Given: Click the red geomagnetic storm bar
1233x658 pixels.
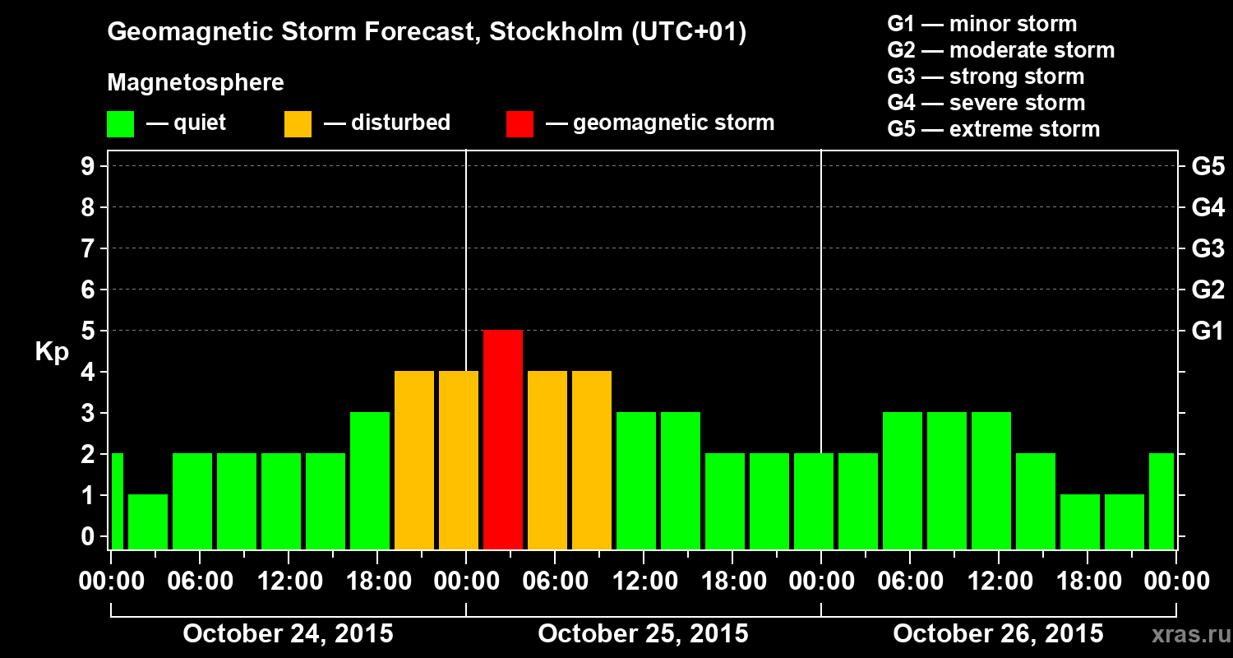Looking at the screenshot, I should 503,439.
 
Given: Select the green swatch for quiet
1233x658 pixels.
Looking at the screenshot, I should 120,124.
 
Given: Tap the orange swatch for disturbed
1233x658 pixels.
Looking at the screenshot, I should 298,124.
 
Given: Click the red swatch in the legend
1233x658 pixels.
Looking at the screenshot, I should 520,124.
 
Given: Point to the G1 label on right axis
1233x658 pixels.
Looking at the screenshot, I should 1208,331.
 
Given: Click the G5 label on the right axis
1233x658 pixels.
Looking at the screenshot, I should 1208,167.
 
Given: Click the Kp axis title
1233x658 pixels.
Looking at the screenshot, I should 52,353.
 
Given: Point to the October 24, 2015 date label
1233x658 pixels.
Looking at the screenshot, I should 288,634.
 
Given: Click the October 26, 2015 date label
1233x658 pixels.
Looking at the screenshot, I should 998,634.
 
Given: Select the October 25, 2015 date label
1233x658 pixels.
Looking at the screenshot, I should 643,634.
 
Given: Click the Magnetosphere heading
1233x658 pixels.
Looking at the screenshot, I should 196,83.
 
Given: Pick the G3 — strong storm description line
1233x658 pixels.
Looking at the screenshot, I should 986,76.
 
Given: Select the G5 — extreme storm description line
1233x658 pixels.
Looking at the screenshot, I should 993,129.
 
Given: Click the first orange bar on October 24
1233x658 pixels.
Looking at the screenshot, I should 414,460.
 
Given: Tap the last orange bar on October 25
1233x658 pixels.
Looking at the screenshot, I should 592,460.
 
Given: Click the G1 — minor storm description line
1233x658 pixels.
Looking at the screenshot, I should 981,24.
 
